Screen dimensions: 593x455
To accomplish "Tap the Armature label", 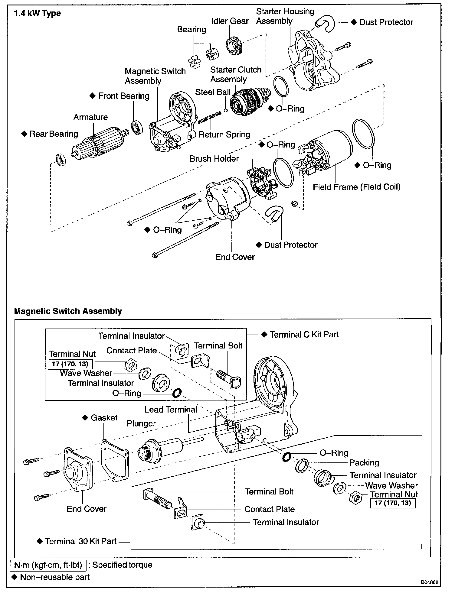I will [90, 117].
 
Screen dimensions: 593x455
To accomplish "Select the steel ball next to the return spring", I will [226, 110].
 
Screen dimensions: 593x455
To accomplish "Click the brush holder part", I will [260, 183].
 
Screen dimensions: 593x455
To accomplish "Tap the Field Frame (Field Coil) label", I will [356, 187].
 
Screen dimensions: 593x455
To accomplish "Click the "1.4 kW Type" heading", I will [38, 14].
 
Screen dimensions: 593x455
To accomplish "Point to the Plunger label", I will [141, 423].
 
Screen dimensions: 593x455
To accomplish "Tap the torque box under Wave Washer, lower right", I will [393, 503].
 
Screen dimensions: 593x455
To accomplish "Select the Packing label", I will [364, 463].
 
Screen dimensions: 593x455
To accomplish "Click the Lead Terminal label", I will [171, 410].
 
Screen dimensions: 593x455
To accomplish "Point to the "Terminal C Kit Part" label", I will [304, 335].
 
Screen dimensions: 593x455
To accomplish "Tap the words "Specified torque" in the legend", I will [122, 565].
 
